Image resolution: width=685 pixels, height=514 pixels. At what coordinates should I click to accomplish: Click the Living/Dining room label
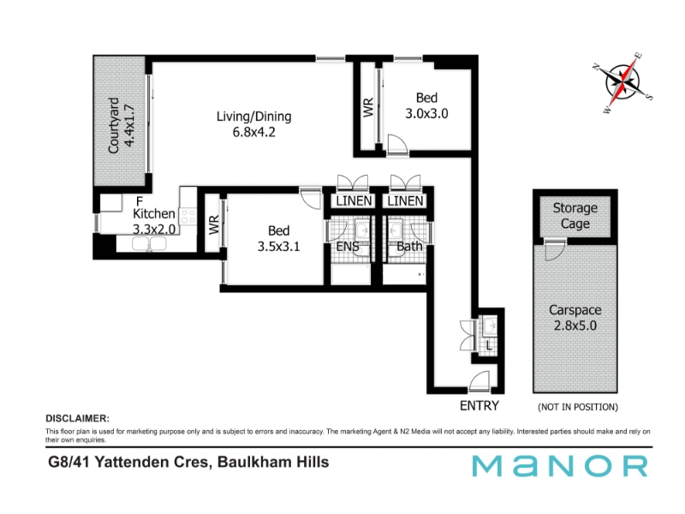[253, 117]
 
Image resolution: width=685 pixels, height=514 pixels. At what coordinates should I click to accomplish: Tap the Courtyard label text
[114, 125]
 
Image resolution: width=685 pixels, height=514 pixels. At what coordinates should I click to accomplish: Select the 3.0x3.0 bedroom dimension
[426, 114]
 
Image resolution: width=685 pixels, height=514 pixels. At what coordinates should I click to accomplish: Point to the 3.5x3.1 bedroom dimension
[279, 247]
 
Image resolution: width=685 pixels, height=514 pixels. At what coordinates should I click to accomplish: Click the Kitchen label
[154, 213]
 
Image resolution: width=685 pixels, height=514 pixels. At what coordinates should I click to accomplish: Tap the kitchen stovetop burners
[188, 217]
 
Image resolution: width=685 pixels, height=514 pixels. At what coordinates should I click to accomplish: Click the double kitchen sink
[149, 244]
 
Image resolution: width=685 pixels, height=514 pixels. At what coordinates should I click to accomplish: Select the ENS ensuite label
[348, 247]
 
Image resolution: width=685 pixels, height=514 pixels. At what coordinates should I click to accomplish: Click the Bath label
[409, 247]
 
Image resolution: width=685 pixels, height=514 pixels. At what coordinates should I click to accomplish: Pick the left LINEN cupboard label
[354, 201]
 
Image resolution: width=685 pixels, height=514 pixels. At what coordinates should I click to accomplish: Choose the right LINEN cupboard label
[405, 201]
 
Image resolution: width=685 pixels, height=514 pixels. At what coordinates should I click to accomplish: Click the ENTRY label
[479, 406]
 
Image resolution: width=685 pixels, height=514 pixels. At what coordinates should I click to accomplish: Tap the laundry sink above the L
[489, 326]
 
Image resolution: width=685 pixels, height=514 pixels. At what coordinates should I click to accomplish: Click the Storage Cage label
[575, 216]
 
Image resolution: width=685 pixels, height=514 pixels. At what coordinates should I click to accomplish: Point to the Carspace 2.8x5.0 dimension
[575, 326]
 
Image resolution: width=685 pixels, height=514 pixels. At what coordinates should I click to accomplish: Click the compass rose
[622, 82]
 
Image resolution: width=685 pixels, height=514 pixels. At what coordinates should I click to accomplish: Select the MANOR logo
[560, 466]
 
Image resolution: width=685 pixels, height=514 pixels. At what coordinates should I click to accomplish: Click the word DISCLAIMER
[77, 419]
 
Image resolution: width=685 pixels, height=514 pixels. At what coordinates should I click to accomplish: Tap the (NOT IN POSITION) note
[578, 408]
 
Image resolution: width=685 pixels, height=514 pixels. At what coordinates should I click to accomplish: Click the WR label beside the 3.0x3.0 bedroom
[368, 108]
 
